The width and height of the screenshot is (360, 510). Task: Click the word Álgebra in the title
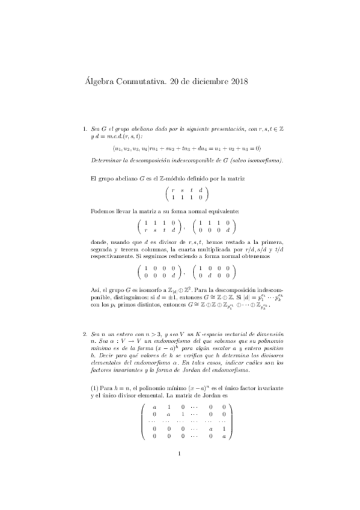[x=94, y=81]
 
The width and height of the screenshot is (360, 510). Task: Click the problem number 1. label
[x=84, y=128]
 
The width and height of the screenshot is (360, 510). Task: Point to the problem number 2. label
[x=84, y=333]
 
